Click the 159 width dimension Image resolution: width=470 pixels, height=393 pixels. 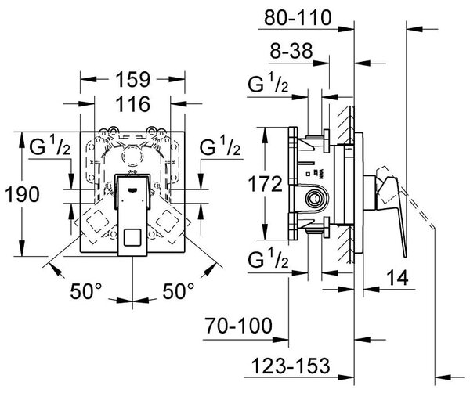pos(132,80)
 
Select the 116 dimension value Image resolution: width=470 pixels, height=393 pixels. pos(132,104)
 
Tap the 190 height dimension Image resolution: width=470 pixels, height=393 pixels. pos(23,194)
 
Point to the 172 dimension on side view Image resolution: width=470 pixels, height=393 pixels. pos(266,184)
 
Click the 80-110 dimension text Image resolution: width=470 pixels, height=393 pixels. pos(298,18)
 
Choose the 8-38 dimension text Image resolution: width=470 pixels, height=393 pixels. pos(291,51)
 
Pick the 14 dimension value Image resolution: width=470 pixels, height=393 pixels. pos(397,277)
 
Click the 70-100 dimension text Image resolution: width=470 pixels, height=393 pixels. pos(239,326)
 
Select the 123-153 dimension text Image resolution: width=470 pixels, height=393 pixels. pos(291,366)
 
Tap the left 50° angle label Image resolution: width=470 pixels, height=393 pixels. pos(86,291)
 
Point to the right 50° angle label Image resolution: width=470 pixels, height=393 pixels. pos(179,291)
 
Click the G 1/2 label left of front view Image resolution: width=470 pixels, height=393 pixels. pos(50,146)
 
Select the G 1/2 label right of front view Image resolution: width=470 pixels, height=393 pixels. pos(220,146)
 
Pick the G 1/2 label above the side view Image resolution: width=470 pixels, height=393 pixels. pos(268,83)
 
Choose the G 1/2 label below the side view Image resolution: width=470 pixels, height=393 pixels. pos(268,258)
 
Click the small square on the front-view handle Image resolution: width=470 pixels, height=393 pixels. pos(132,237)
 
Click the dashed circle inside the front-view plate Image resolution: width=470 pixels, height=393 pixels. pos(132,157)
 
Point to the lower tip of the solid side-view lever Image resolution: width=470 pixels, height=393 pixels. pos(406,256)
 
